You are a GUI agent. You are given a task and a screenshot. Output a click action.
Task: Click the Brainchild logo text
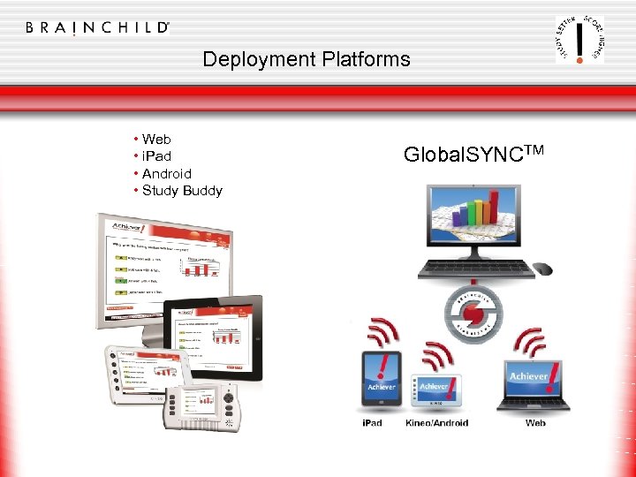point(97,27)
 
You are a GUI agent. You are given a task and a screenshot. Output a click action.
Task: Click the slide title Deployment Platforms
point(306,59)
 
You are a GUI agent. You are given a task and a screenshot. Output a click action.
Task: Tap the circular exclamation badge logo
point(579,39)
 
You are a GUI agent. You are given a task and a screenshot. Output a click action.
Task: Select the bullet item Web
point(156,139)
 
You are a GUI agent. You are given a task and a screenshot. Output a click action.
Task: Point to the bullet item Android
point(166,173)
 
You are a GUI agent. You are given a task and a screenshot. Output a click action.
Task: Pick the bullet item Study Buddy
point(182,190)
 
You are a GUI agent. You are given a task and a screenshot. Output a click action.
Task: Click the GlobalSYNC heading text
point(473,154)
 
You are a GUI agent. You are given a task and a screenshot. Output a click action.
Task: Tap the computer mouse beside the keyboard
point(542,269)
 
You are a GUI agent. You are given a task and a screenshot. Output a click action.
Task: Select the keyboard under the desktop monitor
point(476,269)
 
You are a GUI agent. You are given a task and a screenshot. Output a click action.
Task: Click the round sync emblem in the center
point(478,315)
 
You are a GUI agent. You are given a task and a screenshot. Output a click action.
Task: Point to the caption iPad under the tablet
point(372,423)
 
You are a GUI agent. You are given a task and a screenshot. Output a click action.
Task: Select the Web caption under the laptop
point(535,423)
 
